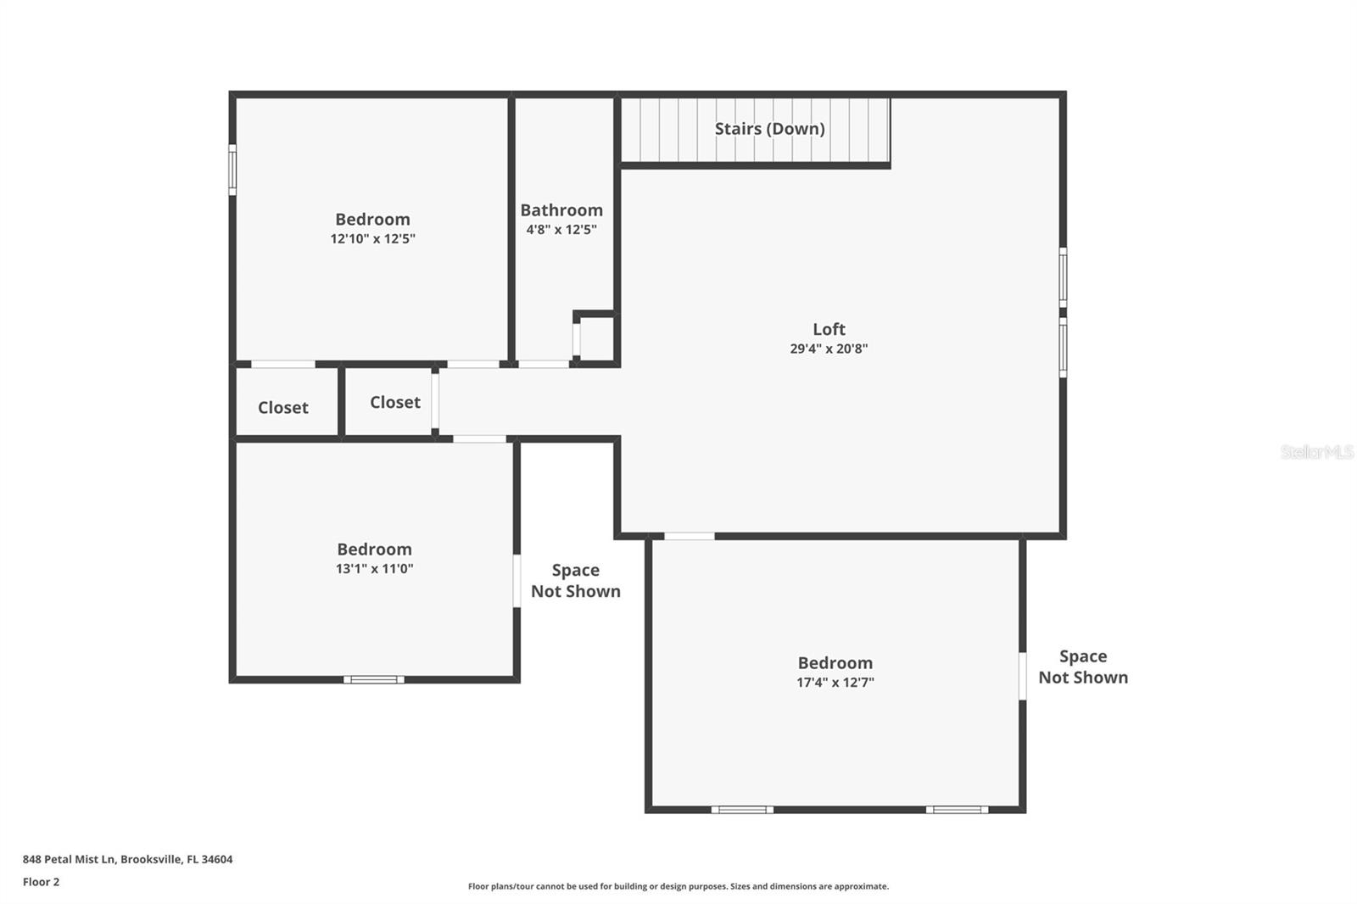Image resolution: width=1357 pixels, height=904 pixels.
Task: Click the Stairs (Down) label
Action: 769,129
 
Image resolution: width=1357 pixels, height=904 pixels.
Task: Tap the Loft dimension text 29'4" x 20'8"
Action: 829,349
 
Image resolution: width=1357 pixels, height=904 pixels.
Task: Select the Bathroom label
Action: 561,210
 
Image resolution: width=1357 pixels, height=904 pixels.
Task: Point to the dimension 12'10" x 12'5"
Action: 372,239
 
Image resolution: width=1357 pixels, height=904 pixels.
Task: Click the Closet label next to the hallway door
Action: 394,402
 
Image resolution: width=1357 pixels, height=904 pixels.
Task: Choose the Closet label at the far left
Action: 282,408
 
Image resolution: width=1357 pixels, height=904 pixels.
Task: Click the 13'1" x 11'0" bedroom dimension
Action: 374,569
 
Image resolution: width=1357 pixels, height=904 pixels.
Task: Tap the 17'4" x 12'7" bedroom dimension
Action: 835,683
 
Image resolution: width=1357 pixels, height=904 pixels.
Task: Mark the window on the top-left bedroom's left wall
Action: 232,170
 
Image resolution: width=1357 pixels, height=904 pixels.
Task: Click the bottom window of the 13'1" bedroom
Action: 374,679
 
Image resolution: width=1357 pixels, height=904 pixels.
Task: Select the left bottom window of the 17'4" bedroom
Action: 742,810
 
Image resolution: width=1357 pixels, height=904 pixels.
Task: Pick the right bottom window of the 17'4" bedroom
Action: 957,810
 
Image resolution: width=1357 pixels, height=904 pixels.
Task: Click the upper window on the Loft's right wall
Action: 1063,277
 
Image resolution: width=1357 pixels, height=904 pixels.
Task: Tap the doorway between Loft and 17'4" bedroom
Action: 689,536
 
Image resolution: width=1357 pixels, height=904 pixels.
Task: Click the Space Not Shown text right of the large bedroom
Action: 1083,667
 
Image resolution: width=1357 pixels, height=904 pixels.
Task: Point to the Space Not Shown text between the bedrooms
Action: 576,581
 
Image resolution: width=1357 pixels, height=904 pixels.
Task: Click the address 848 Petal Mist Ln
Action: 127,859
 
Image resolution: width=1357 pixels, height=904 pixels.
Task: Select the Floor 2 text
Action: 41,882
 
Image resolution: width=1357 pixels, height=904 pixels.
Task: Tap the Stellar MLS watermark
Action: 1316,452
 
